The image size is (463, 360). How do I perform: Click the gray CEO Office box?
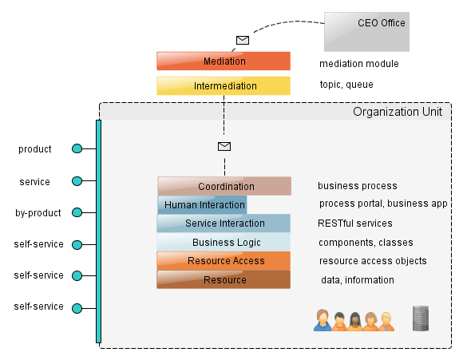[366, 32]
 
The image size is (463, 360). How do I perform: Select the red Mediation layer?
[224, 61]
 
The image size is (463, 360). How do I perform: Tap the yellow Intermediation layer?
[224, 86]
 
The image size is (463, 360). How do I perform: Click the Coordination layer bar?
[224, 186]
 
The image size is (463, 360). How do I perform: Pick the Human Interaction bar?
[202, 204]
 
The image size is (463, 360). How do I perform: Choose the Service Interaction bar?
[224, 224]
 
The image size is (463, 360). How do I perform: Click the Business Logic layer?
[224, 242]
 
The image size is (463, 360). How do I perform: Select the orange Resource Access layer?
[224, 261]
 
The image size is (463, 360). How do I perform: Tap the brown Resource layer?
[224, 279]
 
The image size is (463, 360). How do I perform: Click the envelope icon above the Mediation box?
[243, 40]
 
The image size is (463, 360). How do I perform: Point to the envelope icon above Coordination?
[224, 146]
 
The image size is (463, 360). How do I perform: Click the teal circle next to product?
[77, 148]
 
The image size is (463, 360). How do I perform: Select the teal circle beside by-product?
[77, 212]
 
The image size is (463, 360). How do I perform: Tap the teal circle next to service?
[77, 180]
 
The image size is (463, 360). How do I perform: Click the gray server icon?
[421, 318]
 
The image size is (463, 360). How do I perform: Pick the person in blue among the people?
[323, 320]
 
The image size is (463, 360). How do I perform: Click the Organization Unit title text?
[398, 112]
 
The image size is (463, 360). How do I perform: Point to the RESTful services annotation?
[355, 224]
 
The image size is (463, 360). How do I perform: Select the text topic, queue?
[346, 85]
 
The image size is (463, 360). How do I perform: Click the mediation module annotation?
[359, 64]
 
